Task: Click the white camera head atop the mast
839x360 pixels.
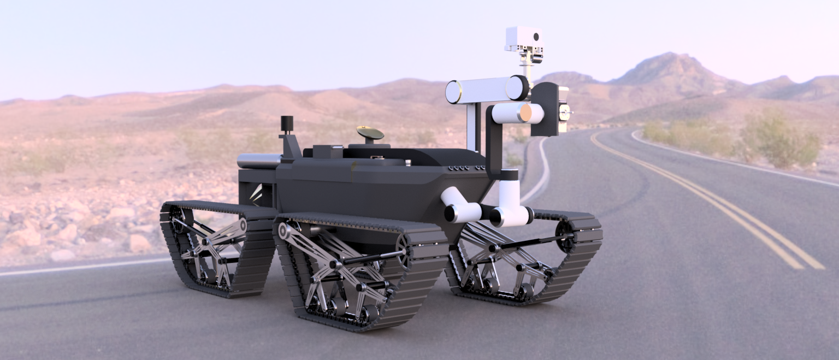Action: [523, 38]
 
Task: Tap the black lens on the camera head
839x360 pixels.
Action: [536, 37]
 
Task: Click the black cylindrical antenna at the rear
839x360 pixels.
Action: [287, 123]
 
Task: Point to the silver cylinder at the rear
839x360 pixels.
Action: [259, 161]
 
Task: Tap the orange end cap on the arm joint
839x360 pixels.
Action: [525, 113]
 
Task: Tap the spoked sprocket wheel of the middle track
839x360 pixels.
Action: [403, 252]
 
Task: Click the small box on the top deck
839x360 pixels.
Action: [328, 151]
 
